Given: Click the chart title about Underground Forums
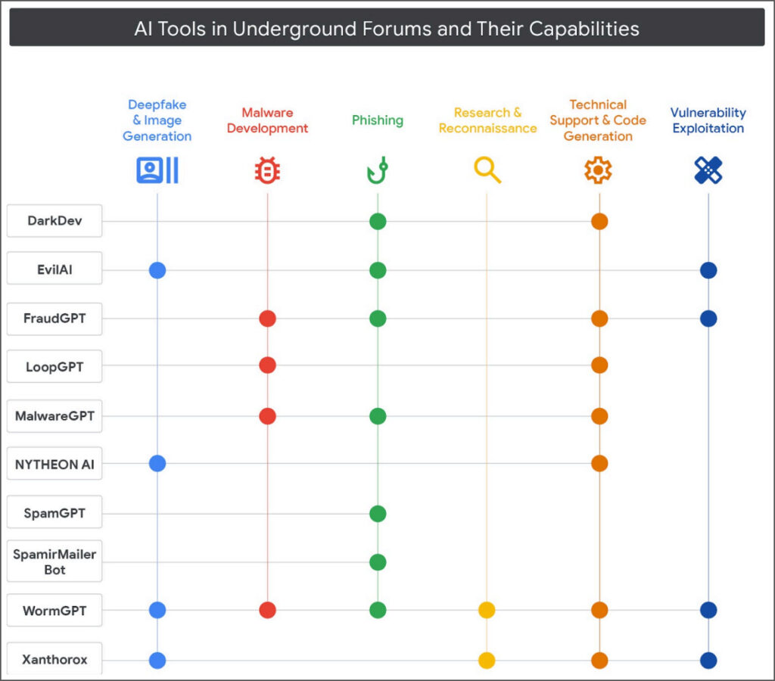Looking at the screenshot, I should pyautogui.click(x=387, y=29).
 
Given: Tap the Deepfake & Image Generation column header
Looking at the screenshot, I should pyautogui.click(x=157, y=120).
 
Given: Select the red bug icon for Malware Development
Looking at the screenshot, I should pyautogui.click(x=267, y=171).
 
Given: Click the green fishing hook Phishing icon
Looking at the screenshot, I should pyautogui.click(x=377, y=171).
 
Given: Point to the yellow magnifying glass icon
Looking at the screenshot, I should pyautogui.click(x=487, y=171).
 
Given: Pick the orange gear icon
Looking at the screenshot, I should pyautogui.click(x=598, y=171).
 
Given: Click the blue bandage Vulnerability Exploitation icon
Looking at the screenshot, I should pyautogui.click(x=708, y=171).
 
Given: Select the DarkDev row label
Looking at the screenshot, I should pyautogui.click(x=54, y=221).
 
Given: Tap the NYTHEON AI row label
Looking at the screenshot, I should pyautogui.click(x=54, y=464).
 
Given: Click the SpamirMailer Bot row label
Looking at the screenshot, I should pyautogui.click(x=54, y=561).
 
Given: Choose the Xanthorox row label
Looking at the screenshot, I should pyautogui.click(x=54, y=659).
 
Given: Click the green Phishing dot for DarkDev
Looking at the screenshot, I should pyautogui.click(x=378, y=222).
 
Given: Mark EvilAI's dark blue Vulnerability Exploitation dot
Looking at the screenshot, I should pyautogui.click(x=708, y=270).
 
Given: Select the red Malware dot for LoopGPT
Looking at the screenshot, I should pyautogui.click(x=267, y=365).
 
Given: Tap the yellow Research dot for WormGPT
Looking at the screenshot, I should pyautogui.click(x=487, y=610).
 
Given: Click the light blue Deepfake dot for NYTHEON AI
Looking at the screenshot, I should pyautogui.click(x=157, y=464).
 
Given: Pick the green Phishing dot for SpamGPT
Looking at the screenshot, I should pyautogui.click(x=378, y=514).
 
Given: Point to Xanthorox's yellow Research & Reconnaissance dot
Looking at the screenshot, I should pyautogui.click(x=487, y=660).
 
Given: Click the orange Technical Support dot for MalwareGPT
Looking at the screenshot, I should pyautogui.click(x=599, y=416).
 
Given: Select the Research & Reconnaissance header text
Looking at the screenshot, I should pyautogui.click(x=487, y=120).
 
